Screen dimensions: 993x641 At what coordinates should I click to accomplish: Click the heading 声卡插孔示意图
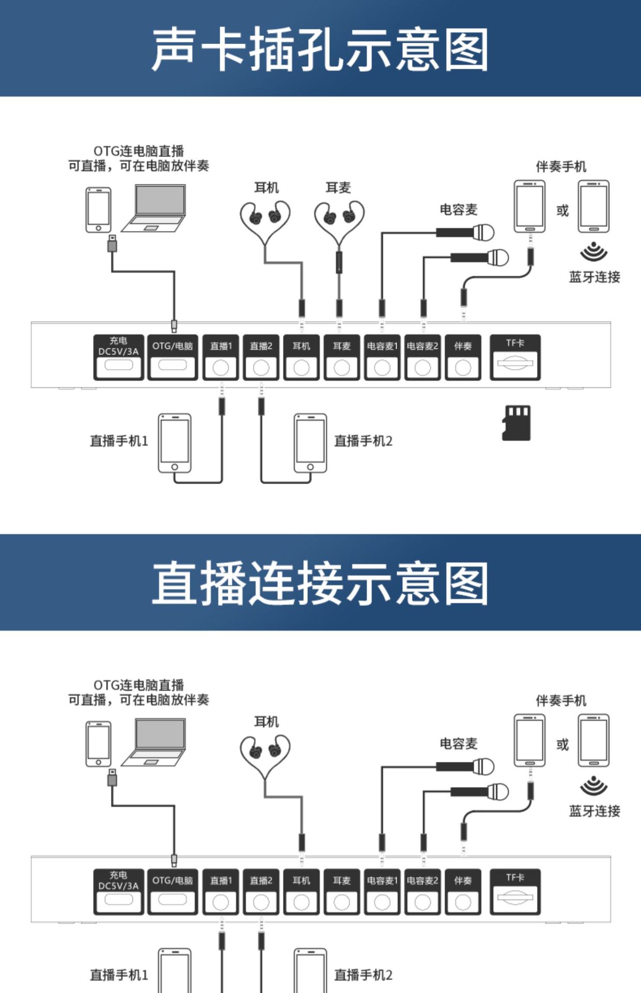[320, 49]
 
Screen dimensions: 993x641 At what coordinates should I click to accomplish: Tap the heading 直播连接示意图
[320, 583]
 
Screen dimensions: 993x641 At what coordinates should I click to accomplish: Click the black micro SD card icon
[516, 423]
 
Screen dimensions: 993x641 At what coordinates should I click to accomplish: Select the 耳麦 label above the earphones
[338, 187]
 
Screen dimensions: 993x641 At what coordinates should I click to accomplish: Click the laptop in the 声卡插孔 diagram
[155, 208]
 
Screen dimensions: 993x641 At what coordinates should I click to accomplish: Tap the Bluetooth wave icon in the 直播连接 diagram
[593, 786]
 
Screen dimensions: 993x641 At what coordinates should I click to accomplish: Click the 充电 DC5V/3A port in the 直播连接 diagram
[118, 891]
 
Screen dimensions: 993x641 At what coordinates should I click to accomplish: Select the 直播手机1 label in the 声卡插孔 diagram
[119, 441]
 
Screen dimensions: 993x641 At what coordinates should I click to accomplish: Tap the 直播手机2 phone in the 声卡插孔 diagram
[310, 443]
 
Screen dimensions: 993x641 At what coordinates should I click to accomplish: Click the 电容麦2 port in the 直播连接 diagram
[422, 891]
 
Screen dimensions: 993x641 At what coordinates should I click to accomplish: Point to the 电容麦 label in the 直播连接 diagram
[459, 744]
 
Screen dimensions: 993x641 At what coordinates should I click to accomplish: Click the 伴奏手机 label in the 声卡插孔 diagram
[561, 167]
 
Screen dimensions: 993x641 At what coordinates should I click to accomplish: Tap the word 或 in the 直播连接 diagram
[562, 745]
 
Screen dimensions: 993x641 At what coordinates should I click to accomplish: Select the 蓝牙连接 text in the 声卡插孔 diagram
[594, 277]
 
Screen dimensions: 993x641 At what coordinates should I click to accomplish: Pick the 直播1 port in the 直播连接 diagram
[221, 891]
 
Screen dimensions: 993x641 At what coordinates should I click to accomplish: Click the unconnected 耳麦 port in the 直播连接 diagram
[342, 891]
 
